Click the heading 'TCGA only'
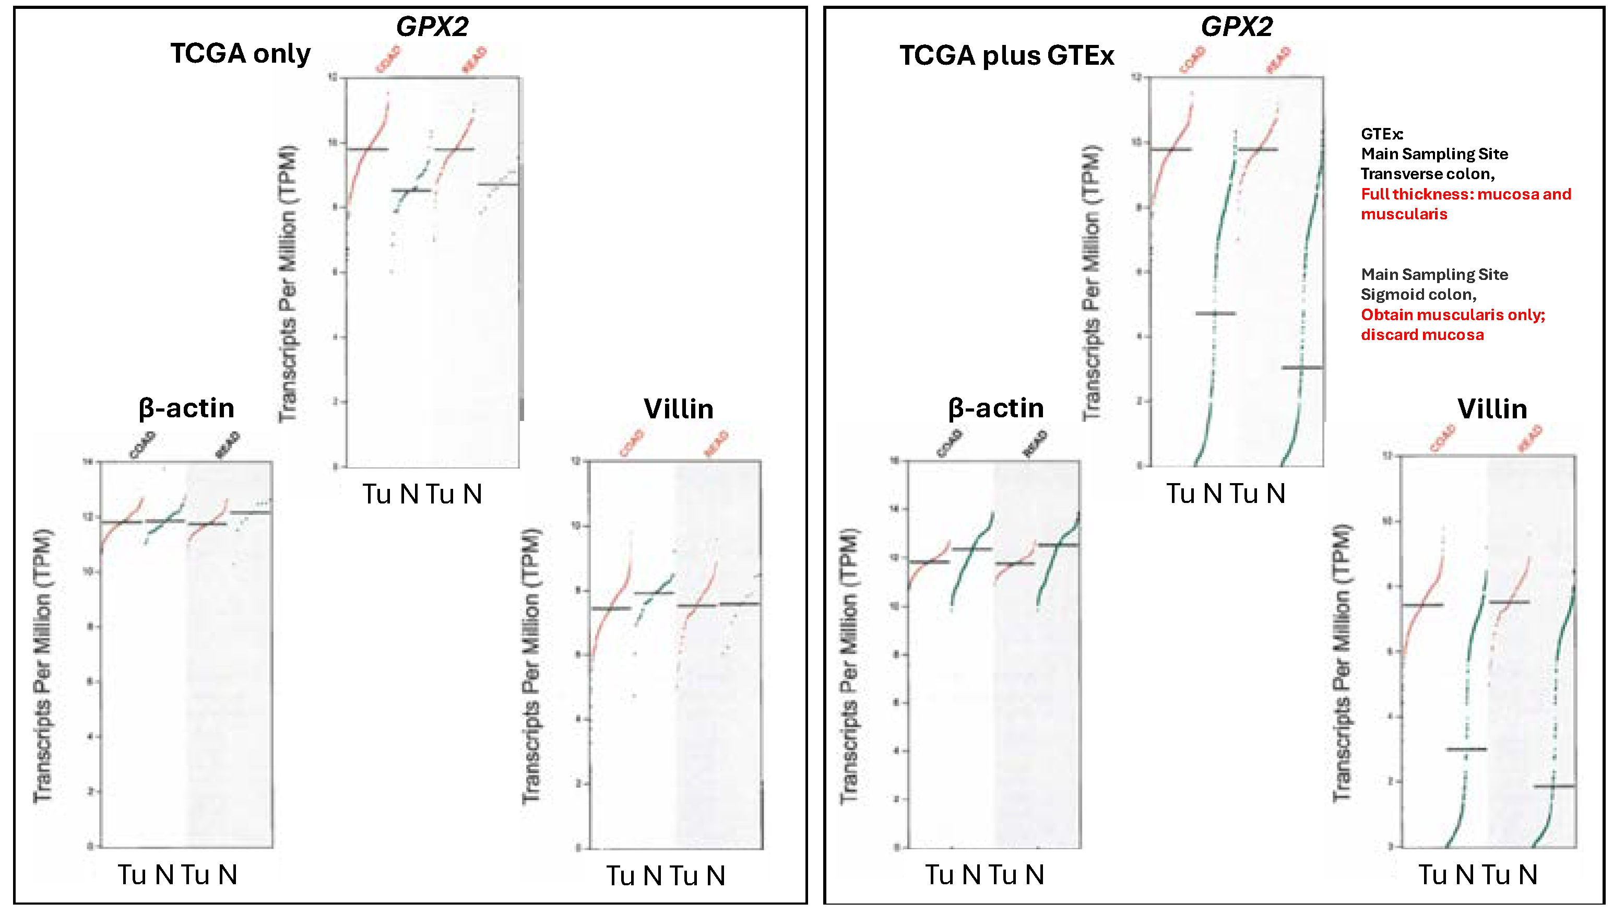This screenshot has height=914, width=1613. [x=240, y=54]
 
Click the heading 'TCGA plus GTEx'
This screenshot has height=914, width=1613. [x=1006, y=56]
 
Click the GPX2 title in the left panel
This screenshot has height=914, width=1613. [x=432, y=26]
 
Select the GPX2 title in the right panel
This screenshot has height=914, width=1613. [x=1236, y=26]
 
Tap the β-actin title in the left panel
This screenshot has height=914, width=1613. [x=186, y=408]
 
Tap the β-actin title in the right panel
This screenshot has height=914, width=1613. [x=995, y=408]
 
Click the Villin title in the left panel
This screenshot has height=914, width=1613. [x=678, y=409]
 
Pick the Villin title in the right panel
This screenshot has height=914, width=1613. [x=1491, y=409]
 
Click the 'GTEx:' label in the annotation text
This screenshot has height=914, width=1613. [x=1382, y=134]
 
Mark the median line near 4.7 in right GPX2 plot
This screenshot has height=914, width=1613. [x=1215, y=313]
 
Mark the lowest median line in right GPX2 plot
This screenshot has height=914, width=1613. [x=1302, y=367]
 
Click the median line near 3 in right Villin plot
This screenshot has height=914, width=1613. [x=1466, y=749]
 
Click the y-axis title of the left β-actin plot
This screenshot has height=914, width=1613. [x=43, y=665]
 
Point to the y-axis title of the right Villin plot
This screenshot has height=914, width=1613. [x=1341, y=662]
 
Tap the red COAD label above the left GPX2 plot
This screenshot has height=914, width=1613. [x=388, y=60]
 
